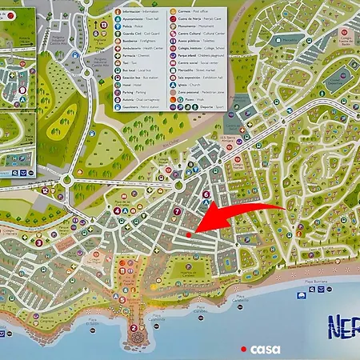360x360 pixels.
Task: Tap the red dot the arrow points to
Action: tap(189, 234)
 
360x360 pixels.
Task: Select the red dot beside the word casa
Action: tap(244, 349)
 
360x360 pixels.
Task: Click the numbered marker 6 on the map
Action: tap(206, 194)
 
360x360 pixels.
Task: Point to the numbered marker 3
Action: tap(39, 242)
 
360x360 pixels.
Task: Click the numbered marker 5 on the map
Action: tap(127, 210)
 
